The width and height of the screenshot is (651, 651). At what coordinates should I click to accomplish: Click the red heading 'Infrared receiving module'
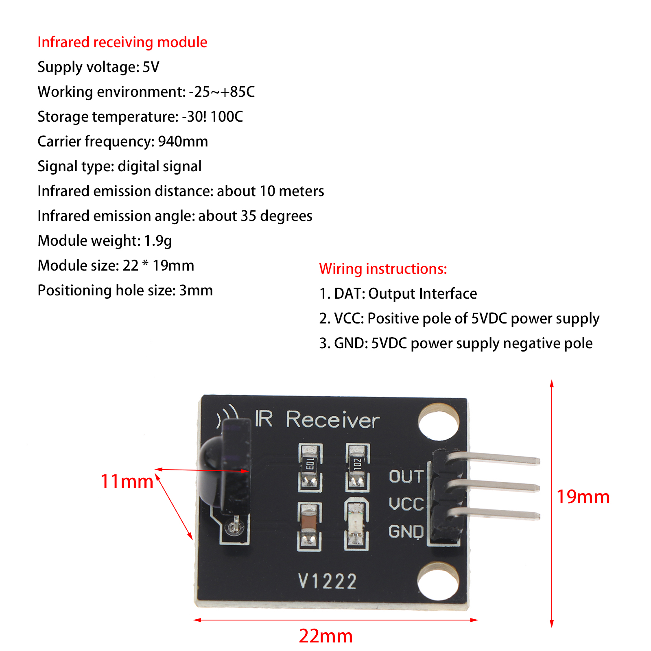(x=122, y=42)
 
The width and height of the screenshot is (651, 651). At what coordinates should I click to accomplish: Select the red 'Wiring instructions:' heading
(x=383, y=269)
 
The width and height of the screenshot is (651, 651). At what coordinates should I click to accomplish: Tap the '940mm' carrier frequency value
(x=183, y=142)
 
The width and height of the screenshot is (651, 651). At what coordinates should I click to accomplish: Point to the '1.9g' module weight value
(x=158, y=241)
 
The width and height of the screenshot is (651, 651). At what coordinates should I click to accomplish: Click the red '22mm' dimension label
(x=325, y=636)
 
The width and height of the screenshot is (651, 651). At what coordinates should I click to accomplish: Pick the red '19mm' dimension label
(x=583, y=497)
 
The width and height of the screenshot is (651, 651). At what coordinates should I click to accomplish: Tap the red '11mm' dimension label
(x=127, y=481)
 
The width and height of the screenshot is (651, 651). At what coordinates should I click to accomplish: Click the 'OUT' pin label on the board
(x=406, y=476)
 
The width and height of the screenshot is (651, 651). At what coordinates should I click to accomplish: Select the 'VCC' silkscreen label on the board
(x=406, y=504)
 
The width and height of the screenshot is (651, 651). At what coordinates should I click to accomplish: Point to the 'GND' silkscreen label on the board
(x=406, y=531)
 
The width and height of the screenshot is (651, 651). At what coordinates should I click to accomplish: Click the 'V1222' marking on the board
(x=328, y=581)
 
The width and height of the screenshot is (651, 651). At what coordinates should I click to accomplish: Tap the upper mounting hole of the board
(x=439, y=422)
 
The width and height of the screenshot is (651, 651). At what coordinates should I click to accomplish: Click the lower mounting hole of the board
(x=439, y=581)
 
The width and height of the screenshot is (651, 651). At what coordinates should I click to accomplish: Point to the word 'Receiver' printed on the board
(x=332, y=420)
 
